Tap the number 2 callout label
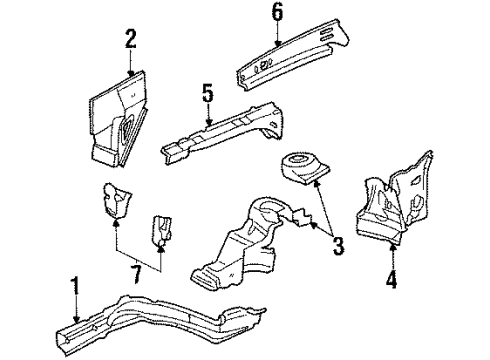tap(130, 40)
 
